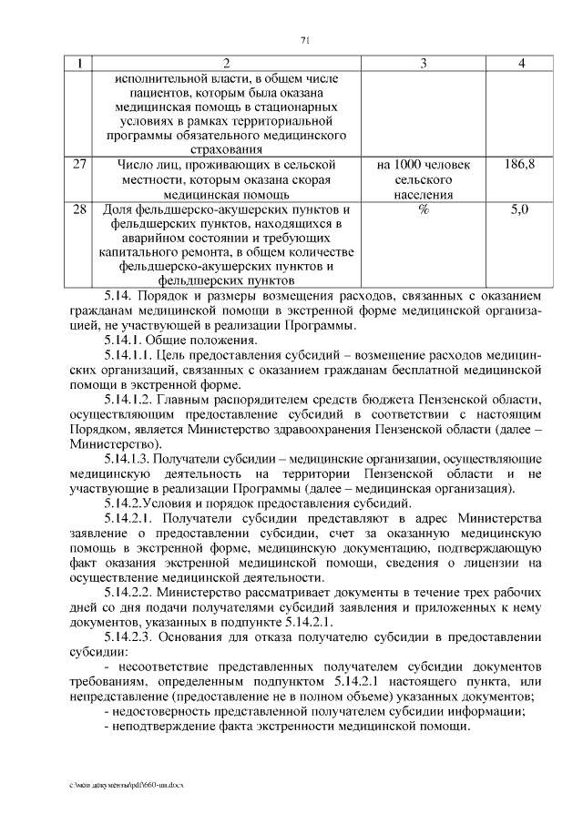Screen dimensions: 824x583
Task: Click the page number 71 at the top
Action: click(x=306, y=39)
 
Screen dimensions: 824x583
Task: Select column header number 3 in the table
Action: click(x=424, y=64)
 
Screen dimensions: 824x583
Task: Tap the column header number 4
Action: click(x=520, y=64)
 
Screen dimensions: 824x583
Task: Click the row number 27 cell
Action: click(x=79, y=164)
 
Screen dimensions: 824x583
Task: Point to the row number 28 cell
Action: click(x=79, y=209)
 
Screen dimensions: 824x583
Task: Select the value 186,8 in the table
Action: click(x=519, y=164)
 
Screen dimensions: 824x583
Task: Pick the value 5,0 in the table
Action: click(x=519, y=209)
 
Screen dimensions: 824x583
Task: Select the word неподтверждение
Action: click(x=164, y=727)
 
